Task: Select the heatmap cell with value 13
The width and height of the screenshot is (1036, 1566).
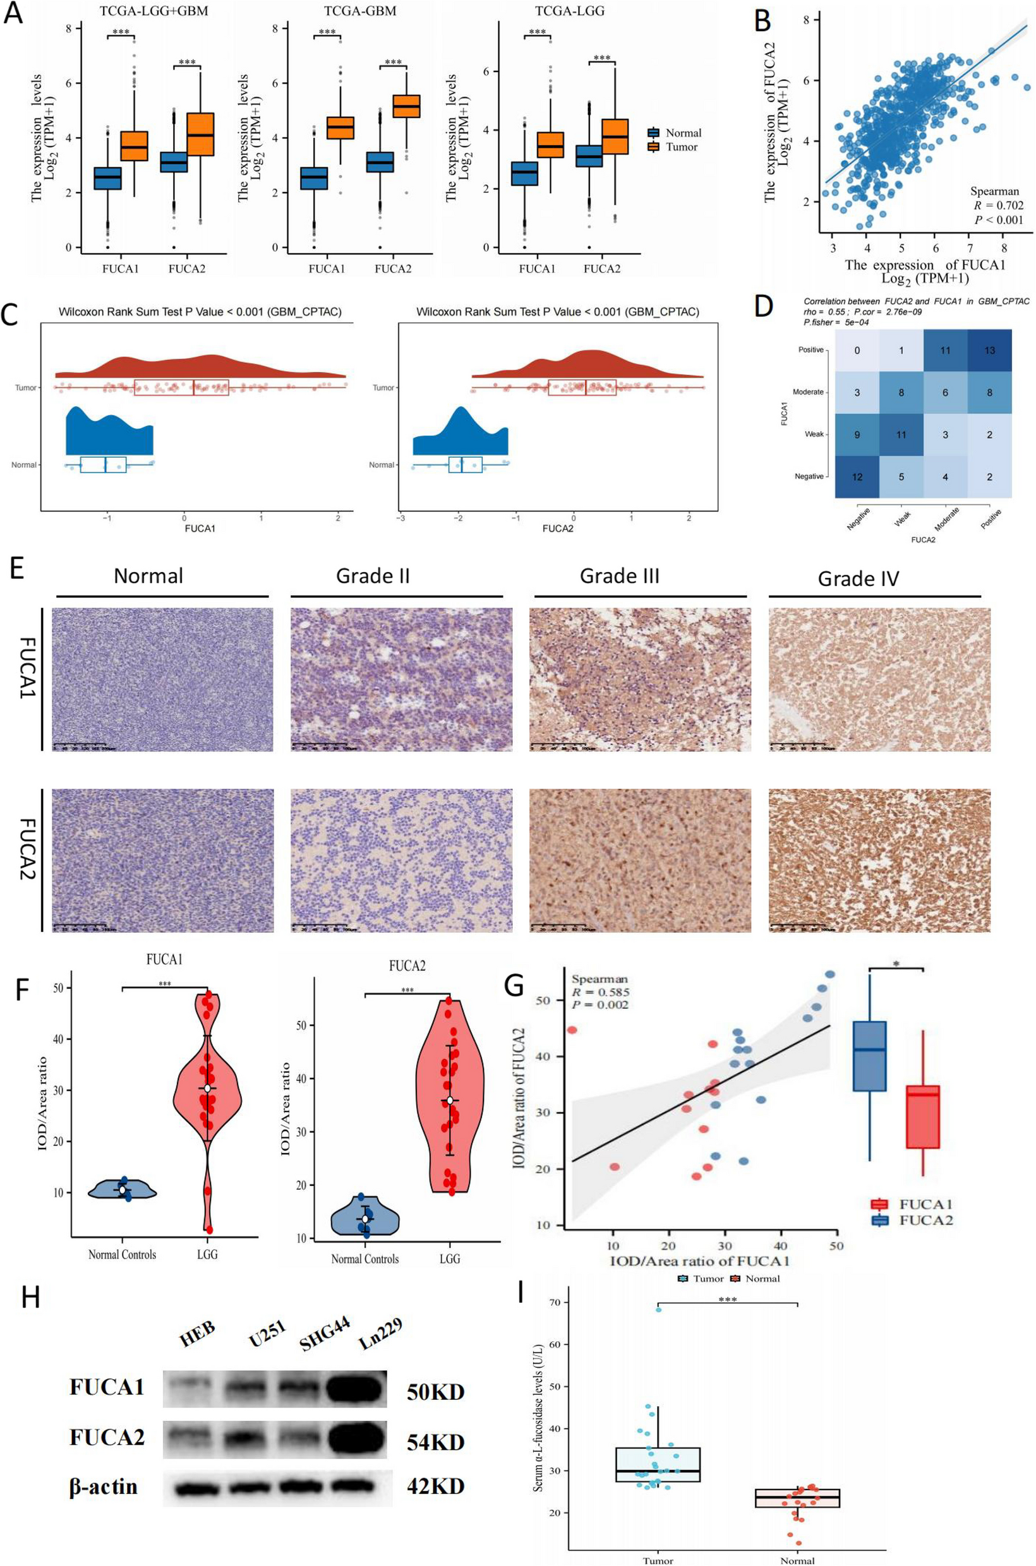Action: click(x=989, y=350)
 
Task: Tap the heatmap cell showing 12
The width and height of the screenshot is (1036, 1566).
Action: click(x=857, y=476)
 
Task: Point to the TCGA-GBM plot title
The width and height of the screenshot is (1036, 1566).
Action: click(x=360, y=11)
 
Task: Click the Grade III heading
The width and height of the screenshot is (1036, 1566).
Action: click(x=619, y=576)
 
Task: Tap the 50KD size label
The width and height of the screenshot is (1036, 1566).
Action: click(x=435, y=1392)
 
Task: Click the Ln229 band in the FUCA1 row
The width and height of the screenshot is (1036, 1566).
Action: click(x=354, y=1386)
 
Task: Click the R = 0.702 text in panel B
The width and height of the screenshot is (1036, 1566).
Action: click(x=998, y=205)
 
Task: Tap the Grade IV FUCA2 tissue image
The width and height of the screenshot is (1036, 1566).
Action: click(x=879, y=860)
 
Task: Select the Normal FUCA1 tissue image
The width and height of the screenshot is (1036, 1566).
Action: click(x=162, y=679)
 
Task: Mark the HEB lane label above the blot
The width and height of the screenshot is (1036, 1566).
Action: click(x=196, y=1333)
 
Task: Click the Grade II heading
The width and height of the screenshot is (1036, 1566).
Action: click(x=373, y=576)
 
